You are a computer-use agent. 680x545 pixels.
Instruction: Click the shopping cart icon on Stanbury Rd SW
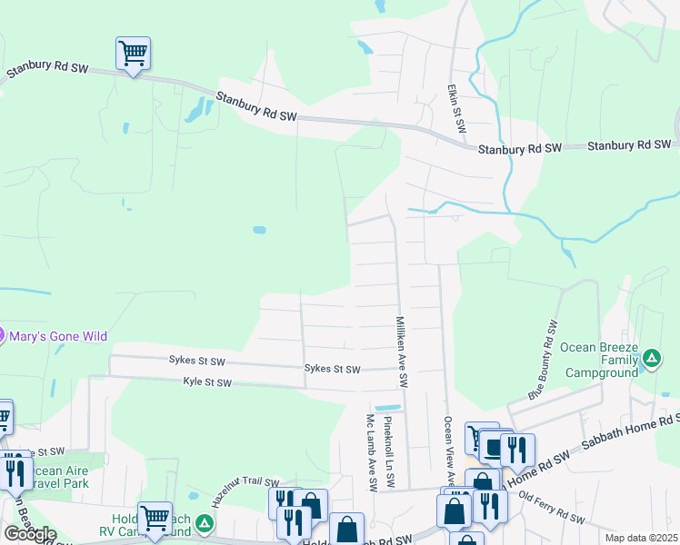pyautogui.click(x=133, y=54)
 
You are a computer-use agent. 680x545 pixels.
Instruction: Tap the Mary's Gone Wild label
pyautogui.click(x=58, y=336)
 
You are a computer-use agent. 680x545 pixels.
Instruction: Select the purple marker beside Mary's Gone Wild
pyautogui.click(x=3, y=336)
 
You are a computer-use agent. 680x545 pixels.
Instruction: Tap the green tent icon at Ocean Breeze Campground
pyautogui.click(x=652, y=360)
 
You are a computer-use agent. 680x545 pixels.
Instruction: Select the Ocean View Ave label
pyautogui.click(x=448, y=451)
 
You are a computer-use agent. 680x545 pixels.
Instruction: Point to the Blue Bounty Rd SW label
pyautogui.click(x=543, y=362)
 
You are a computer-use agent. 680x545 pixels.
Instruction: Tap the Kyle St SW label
pyautogui.click(x=207, y=382)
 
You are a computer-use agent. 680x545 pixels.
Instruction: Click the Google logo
pyautogui.click(x=30, y=533)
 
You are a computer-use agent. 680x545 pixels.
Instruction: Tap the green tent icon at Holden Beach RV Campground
pyautogui.click(x=206, y=524)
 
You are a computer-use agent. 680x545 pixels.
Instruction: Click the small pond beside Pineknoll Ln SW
pyautogui.click(x=386, y=406)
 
